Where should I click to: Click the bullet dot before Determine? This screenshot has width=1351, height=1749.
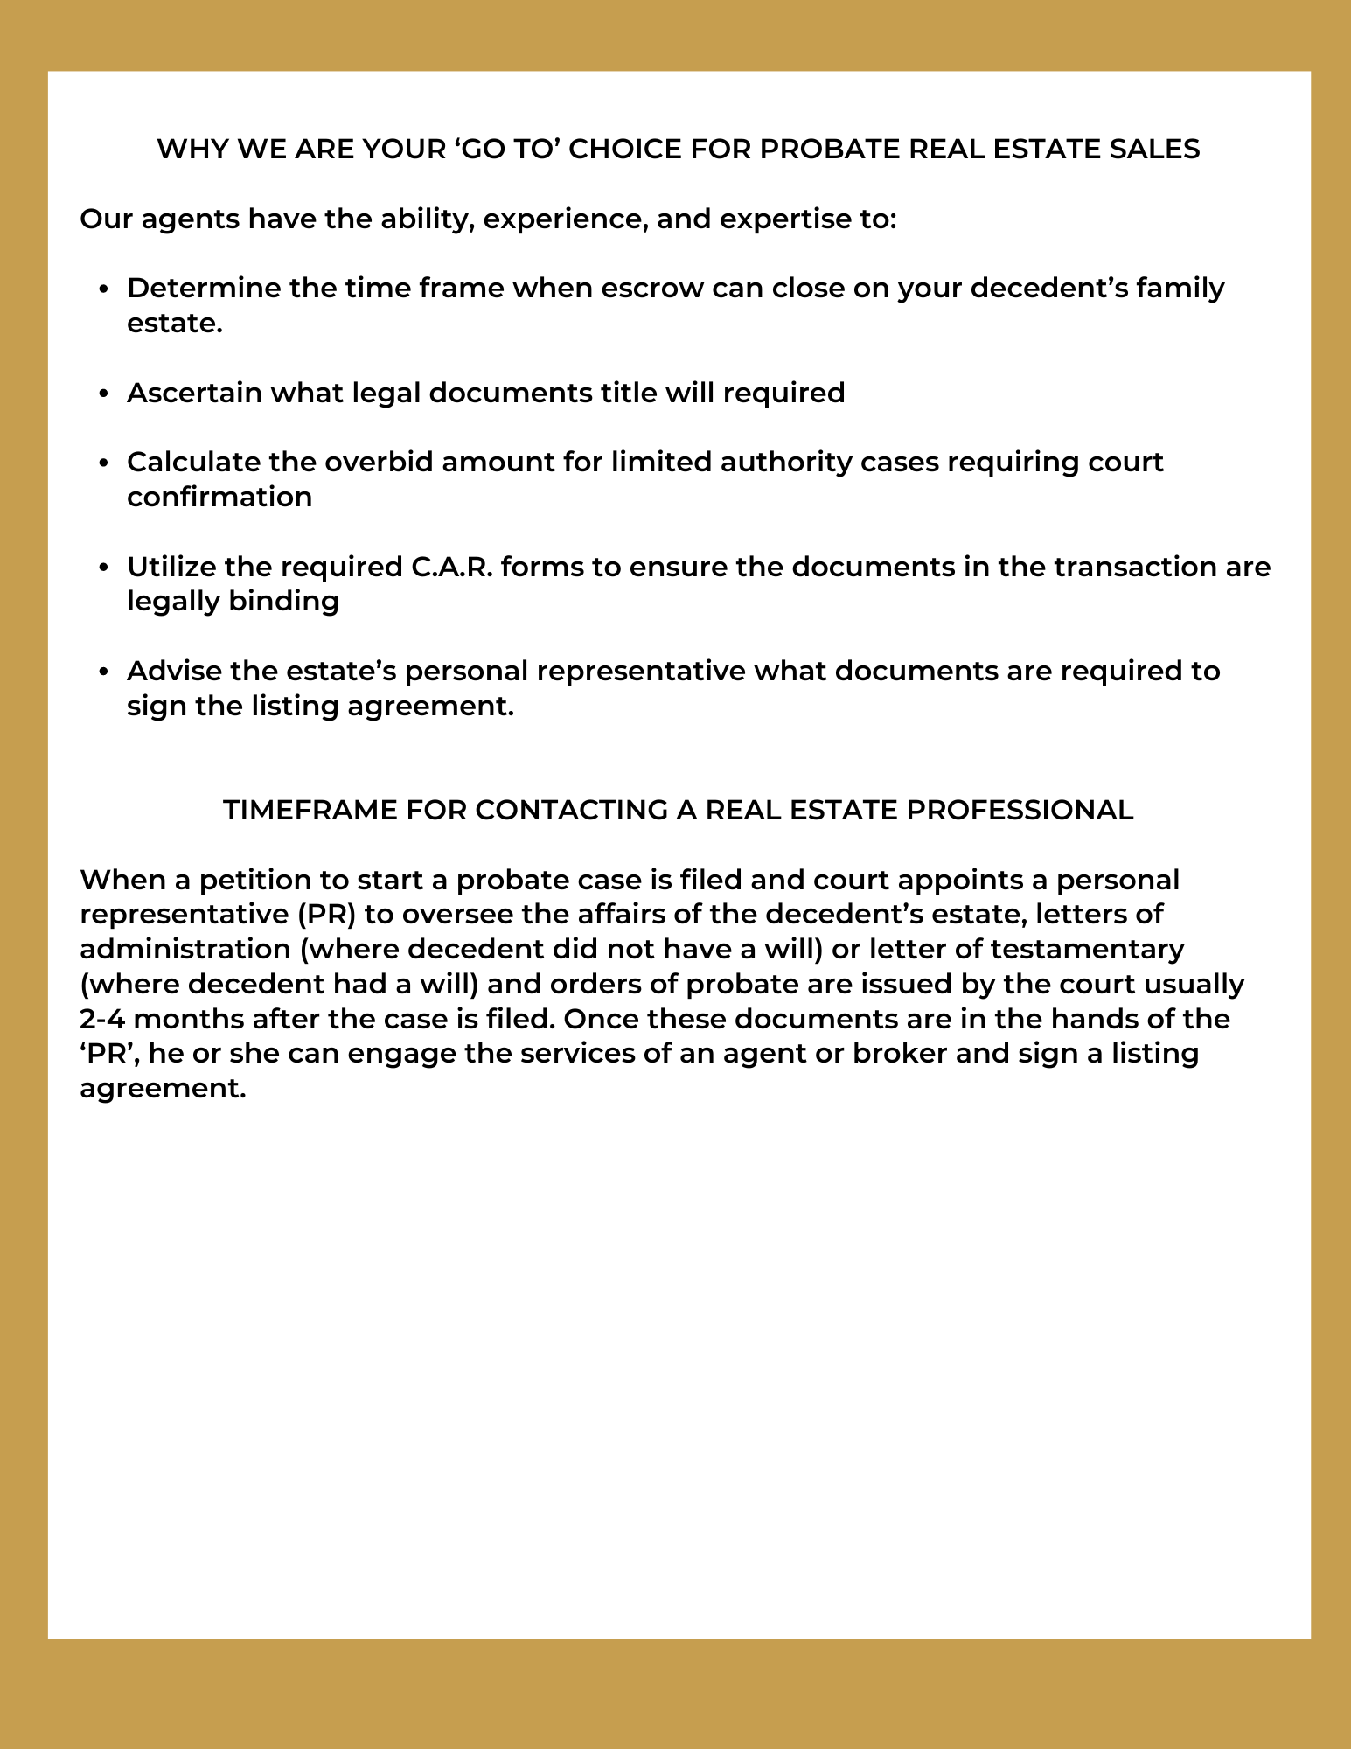[x=104, y=289]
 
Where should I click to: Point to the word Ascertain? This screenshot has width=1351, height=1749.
[x=193, y=393]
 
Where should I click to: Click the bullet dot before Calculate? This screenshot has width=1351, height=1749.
[x=104, y=463]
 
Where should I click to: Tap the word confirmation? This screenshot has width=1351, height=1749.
[x=219, y=497]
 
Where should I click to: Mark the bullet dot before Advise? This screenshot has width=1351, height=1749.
[x=104, y=672]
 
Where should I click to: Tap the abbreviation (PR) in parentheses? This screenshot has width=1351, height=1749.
[x=326, y=914]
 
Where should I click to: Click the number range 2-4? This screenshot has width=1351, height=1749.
[x=102, y=1019]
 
